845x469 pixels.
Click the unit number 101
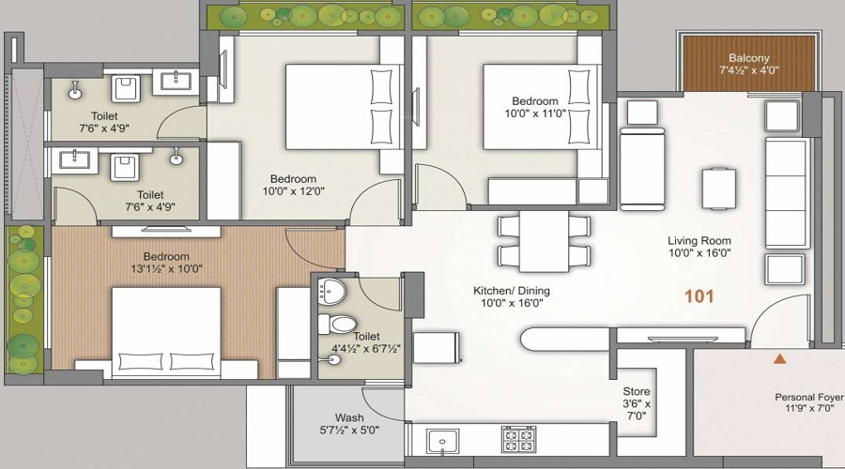pyautogui.click(x=699, y=296)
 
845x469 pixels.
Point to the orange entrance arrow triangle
pyautogui.click(x=777, y=358)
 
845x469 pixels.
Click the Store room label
pyautogui.click(x=637, y=392)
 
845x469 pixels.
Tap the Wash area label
pyautogui.click(x=349, y=418)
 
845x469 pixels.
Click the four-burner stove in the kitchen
pyautogui.click(x=519, y=439)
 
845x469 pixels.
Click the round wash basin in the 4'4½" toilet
pyautogui.click(x=330, y=291)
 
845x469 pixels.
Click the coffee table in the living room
pyautogui.click(x=718, y=188)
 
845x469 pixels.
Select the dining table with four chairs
pyautogui.click(x=544, y=240)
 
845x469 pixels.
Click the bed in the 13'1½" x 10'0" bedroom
pyautogui.click(x=166, y=331)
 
